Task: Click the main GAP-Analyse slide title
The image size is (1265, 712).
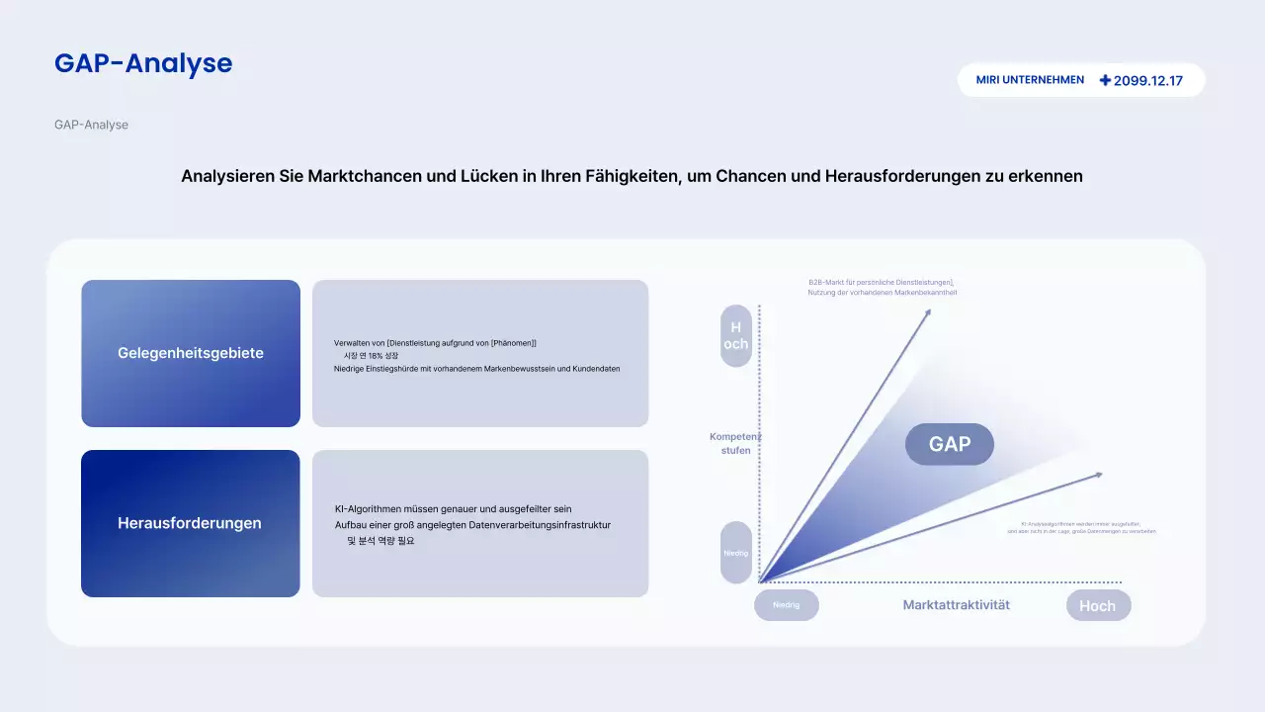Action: [143, 63]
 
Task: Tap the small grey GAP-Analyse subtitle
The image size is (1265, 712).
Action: [91, 125]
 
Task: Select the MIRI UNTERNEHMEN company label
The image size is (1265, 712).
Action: [1030, 80]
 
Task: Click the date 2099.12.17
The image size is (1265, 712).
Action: [1147, 81]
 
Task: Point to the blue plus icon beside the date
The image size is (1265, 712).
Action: [1105, 80]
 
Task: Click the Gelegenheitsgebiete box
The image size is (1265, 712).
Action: [191, 353]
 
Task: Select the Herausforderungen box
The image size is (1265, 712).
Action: [191, 523]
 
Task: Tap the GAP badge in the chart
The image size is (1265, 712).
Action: [949, 444]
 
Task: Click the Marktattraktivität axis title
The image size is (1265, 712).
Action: [956, 605]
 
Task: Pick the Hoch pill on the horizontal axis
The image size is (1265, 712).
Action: [1097, 606]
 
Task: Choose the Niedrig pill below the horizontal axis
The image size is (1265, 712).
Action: [786, 605]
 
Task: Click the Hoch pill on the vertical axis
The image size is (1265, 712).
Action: [736, 335]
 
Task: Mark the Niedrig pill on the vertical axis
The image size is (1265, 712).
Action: [736, 553]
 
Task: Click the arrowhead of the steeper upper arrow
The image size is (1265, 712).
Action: [927, 312]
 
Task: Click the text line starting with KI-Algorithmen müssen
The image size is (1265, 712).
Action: [453, 509]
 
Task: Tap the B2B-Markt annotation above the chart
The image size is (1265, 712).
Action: [882, 287]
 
